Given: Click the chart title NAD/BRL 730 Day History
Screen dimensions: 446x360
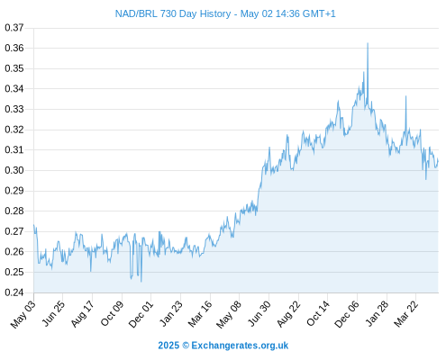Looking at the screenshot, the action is (173, 13).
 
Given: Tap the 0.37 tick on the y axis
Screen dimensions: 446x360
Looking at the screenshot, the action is (14, 28).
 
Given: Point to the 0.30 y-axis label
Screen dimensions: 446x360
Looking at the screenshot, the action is (14, 170).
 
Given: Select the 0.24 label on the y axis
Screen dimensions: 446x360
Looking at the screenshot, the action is (14, 292).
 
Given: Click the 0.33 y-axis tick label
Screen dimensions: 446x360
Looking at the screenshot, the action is (14, 109).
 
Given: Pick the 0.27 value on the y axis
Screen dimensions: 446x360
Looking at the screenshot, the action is (14, 231).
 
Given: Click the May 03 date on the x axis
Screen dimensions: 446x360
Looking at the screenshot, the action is (23, 314).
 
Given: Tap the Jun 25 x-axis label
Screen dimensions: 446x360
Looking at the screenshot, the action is (53, 314).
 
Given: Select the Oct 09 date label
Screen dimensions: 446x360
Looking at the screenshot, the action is (112, 314).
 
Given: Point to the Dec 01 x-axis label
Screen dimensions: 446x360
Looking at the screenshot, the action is (141, 314).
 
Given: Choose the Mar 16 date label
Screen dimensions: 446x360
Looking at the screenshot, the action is (200, 314).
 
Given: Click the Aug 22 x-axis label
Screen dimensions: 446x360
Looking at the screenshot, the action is (288, 314).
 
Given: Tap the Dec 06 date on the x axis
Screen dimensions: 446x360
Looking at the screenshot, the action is (347, 314).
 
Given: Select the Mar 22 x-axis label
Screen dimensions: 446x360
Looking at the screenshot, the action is (406, 314).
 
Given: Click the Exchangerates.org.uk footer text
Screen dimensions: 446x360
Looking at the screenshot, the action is (240, 346).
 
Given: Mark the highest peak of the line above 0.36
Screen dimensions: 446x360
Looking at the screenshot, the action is (368, 43).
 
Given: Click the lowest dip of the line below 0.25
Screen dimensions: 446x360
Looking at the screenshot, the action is (141, 282).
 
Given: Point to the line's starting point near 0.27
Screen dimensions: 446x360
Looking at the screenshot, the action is (34, 225).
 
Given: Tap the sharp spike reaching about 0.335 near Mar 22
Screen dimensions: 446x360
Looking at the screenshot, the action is (405, 96).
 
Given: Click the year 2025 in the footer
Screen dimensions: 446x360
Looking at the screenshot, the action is (168, 346).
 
